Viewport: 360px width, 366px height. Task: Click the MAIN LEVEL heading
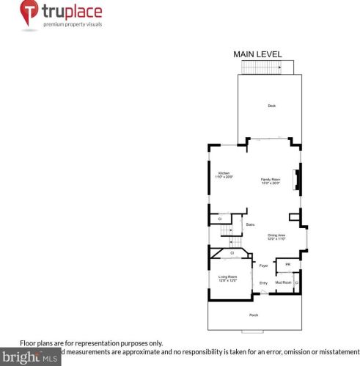tap(257, 54)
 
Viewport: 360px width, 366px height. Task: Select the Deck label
tap(271, 106)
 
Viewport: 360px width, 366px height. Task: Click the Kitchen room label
tap(223, 175)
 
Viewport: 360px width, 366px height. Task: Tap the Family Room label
tap(271, 180)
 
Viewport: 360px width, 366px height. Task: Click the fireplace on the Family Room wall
tap(296, 180)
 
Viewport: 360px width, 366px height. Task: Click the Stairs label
tap(250, 224)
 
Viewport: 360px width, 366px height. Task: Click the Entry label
tap(264, 282)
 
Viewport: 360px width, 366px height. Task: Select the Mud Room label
tap(283, 282)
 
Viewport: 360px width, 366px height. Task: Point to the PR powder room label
tap(288, 265)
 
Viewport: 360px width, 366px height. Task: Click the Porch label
tap(254, 315)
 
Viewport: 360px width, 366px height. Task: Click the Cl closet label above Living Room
tap(232, 253)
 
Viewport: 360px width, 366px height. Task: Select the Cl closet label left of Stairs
tap(220, 219)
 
